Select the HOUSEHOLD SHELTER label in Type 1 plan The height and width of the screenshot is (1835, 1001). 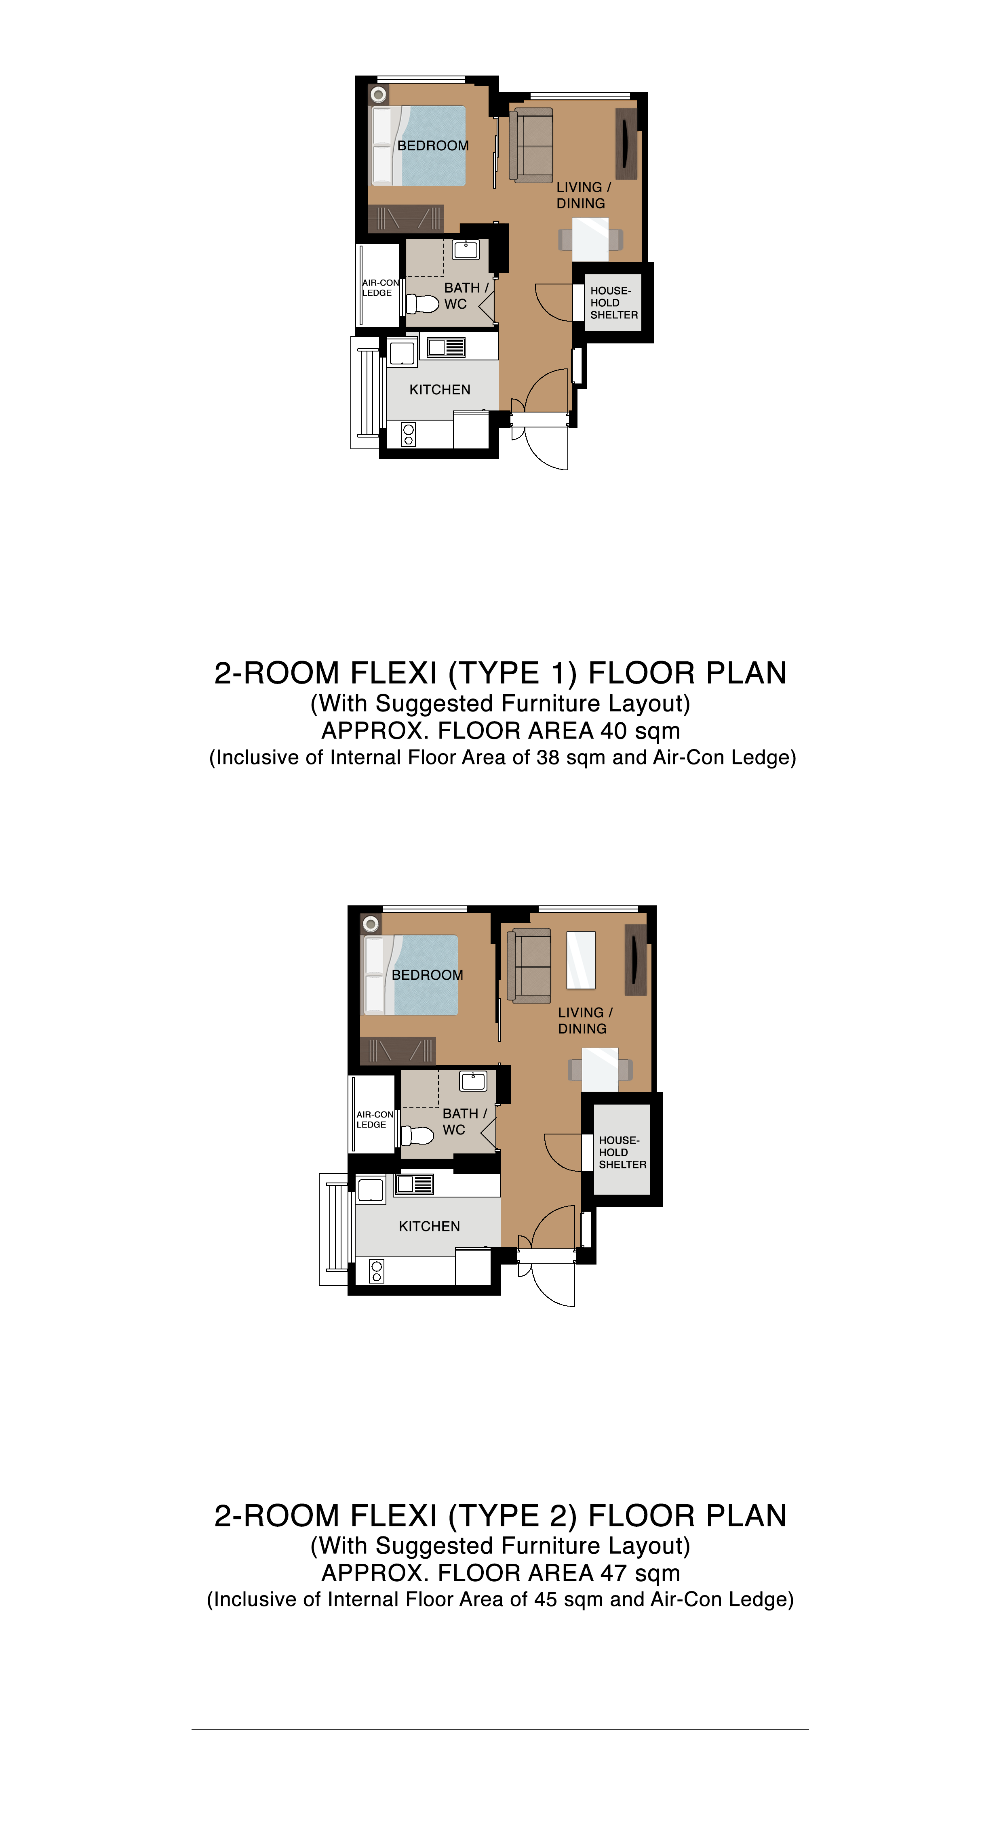[613, 303]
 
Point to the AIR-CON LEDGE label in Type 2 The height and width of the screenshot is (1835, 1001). [375, 1119]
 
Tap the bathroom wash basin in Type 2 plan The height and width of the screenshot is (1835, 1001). [473, 1081]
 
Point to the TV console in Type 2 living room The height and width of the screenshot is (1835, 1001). [636, 960]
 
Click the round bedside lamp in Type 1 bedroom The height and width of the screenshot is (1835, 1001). [378, 94]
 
